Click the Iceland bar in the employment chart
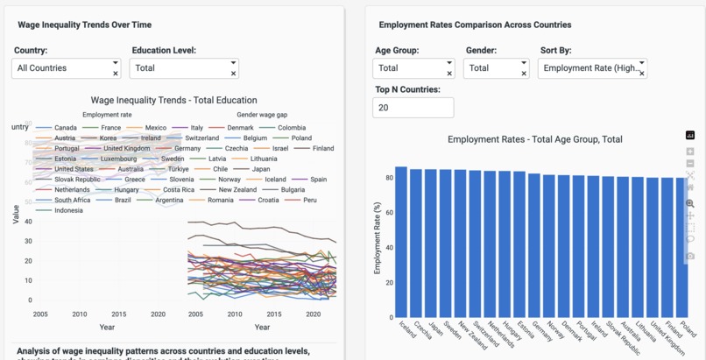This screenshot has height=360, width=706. [x=401, y=241]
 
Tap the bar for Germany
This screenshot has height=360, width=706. [x=533, y=244]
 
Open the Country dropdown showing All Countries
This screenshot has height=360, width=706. [x=66, y=68]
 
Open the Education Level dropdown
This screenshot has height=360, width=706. [x=183, y=68]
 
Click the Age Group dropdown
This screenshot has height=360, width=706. [x=413, y=68]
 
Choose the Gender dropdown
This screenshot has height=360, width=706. [x=495, y=68]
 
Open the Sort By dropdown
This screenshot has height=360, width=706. [x=591, y=68]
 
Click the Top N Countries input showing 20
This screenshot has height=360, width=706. [x=413, y=108]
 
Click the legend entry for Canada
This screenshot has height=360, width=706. [x=65, y=128]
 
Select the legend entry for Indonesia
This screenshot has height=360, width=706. [x=68, y=210]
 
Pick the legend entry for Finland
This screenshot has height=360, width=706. [x=322, y=149]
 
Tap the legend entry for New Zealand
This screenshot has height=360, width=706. [x=237, y=190]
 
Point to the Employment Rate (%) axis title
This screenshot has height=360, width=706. [x=378, y=237]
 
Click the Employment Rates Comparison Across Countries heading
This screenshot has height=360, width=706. [x=475, y=25]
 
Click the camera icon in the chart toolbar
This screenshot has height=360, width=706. [x=690, y=256]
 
